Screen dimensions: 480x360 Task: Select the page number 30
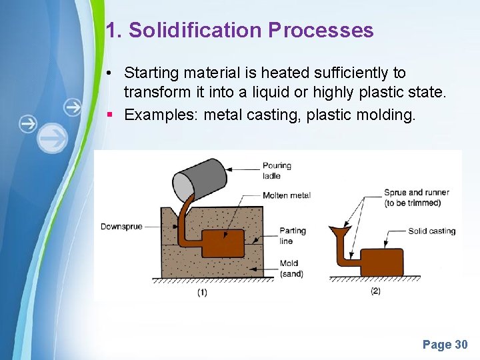click(461, 345)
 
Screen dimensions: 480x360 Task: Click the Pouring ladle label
click(277, 171)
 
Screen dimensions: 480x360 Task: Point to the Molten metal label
click(287, 195)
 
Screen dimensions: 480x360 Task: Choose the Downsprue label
click(121, 227)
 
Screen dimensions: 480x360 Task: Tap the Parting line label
click(293, 235)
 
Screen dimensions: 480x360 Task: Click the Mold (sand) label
click(292, 268)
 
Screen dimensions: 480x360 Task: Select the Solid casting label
click(431, 231)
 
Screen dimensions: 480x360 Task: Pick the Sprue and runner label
click(417, 197)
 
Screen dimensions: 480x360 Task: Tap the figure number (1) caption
click(202, 292)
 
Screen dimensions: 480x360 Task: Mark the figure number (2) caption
click(375, 291)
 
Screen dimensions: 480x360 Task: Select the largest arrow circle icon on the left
click(53, 139)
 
